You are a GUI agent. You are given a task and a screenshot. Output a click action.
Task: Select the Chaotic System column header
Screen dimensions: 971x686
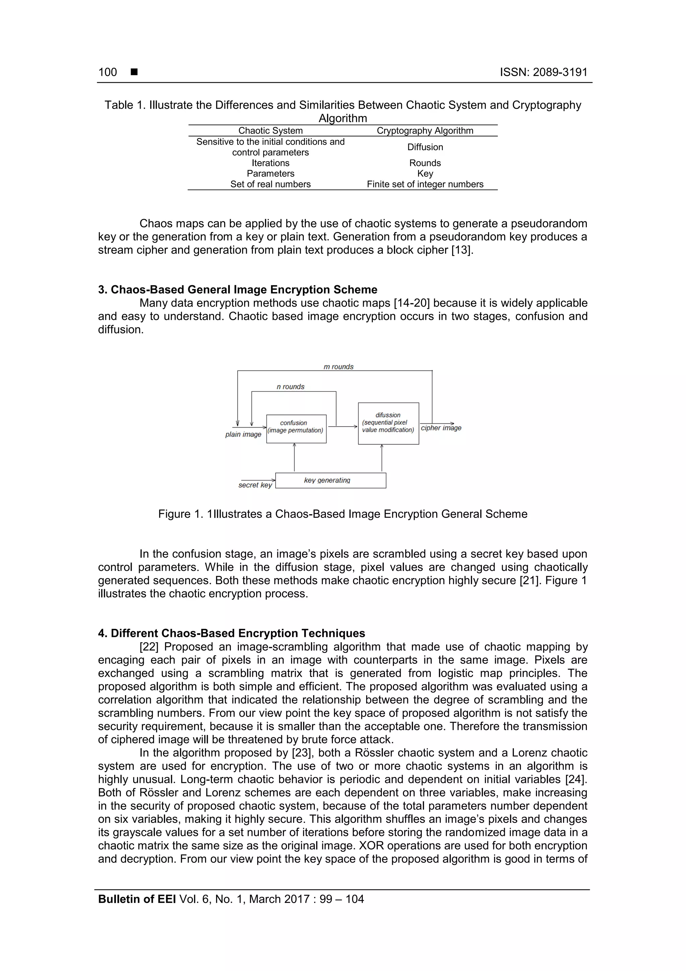pos(271,131)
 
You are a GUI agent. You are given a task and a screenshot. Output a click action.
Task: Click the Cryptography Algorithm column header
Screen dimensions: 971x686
pos(425,131)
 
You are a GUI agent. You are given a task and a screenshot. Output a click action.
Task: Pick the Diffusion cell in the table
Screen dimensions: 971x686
pos(425,147)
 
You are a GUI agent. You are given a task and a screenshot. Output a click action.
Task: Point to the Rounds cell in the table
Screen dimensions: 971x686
pos(425,163)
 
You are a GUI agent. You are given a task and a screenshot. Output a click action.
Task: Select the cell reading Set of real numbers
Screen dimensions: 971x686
pos(271,184)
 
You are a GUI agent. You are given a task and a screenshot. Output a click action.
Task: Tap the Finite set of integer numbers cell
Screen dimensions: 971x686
pos(425,184)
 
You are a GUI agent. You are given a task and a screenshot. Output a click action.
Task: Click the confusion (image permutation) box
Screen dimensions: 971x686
pos(296,429)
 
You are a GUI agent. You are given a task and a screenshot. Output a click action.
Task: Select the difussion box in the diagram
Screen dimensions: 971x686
pos(388,423)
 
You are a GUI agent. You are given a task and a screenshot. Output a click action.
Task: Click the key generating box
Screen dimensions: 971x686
pos(330,480)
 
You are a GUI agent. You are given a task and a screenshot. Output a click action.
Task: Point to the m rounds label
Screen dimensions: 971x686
pos(338,367)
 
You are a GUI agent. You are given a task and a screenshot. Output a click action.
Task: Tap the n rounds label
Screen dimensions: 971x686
pos(290,386)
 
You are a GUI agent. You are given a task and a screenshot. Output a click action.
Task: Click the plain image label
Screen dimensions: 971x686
pos(243,434)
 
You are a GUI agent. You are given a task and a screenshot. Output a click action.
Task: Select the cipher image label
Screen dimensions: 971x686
pos(441,428)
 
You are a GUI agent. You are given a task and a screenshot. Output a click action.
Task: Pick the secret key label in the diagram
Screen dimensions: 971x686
pos(255,485)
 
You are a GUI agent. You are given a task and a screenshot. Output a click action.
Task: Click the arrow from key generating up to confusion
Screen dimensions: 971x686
pos(294,458)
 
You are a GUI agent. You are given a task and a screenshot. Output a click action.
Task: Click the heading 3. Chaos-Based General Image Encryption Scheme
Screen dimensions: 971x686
pos(237,290)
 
